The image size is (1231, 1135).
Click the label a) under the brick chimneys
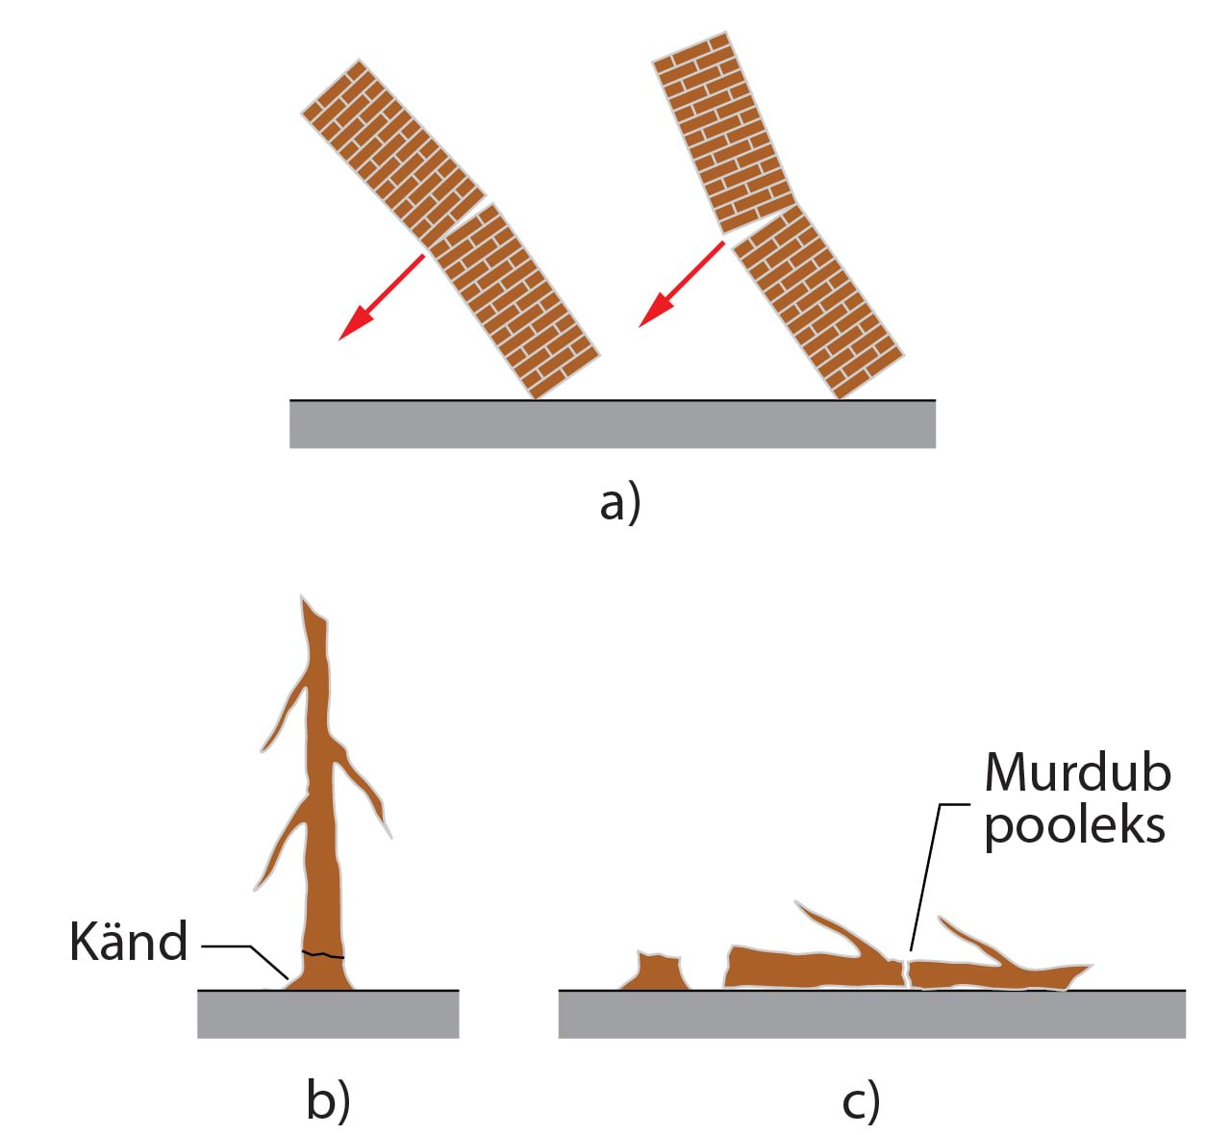[619, 503]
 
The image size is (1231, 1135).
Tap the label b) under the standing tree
[328, 1102]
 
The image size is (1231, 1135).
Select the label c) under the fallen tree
[861, 1102]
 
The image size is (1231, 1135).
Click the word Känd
[128, 942]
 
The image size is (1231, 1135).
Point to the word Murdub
[1077, 772]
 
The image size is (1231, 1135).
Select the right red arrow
[682, 285]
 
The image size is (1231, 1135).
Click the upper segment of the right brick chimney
[721, 131]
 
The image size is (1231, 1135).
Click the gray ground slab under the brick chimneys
[612, 424]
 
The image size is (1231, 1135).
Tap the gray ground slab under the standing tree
[328, 1014]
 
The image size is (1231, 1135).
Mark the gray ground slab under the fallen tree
[871, 1014]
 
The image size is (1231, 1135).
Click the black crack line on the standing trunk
[323, 955]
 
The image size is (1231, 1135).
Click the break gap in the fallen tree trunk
[906, 971]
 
